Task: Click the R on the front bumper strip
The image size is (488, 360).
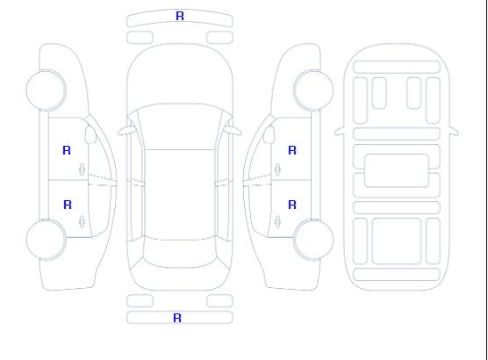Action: (x=180, y=16)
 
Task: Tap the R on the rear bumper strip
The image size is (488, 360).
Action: (x=177, y=318)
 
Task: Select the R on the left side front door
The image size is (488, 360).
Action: (x=67, y=150)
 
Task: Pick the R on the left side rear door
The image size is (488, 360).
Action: (x=68, y=205)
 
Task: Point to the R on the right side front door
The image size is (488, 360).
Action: (x=292, y=150)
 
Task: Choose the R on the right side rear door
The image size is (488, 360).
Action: (x=292, y=205)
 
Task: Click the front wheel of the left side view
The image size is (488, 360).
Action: (x=46, y=90)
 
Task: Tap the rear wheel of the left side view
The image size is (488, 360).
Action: (x=46, y=240)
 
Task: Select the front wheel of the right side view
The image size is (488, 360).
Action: (x=313, y=90)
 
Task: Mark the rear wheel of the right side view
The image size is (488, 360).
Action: (x=313, y=240)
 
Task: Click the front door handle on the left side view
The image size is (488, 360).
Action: (x=83, y=169)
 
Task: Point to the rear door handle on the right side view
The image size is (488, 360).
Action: (x=277, y=221)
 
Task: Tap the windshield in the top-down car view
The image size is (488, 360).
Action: (x=180, y=126)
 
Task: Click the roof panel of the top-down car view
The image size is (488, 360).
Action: (x=180, y=195)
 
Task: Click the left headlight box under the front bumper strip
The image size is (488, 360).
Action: (x=140, y=38)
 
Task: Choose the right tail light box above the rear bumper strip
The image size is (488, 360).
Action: (x=219, y=301)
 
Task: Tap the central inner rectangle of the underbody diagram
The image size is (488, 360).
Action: (x=397, y=170)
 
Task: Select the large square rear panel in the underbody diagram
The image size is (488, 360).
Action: (x=397, y=241)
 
